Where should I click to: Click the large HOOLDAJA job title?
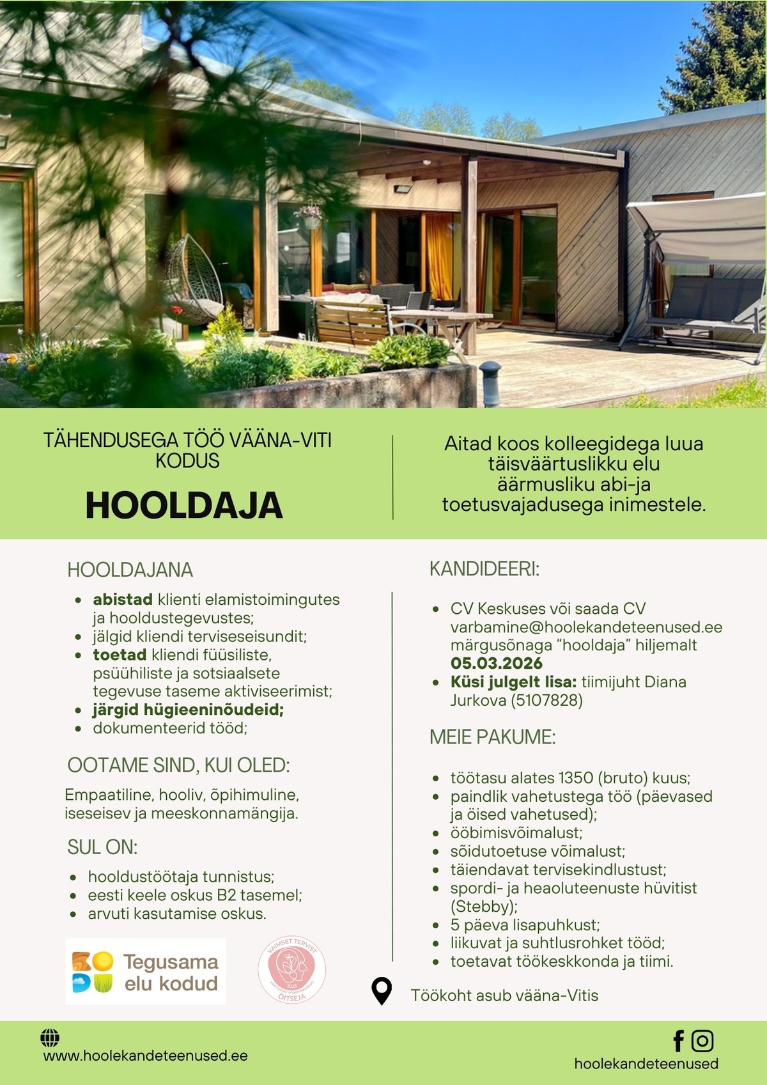click(x=184, y=506)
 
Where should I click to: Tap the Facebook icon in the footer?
click(x=679, y=1041)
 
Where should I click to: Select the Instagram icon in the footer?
click(x=702, y=1041)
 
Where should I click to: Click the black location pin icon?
click(x=382, y=992)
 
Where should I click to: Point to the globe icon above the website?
click(x=50, y=1037)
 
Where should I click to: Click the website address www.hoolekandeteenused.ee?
click(x=145, y=1056)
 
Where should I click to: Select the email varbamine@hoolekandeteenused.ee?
click(x=586, y=627)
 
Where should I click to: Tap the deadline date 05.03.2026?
click(x=497, y=663)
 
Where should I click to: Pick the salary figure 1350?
click(x=576, y=778)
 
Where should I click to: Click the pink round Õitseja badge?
click(x=291, y=971)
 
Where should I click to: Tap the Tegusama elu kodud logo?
click(x=146, y=971)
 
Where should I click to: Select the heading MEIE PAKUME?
click(x=492, y=737)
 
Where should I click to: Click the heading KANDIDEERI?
click(x=484, y=569)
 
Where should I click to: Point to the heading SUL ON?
click(x=102, y=847)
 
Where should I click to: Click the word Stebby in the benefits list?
click(x=483, y=907)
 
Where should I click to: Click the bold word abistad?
click(x=122, y=600)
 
